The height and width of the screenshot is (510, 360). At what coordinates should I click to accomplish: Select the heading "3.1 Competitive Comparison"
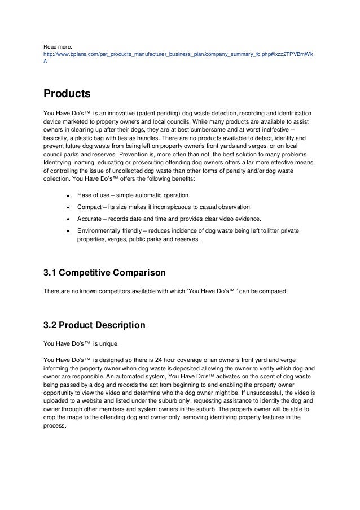(x=104, y=273)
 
